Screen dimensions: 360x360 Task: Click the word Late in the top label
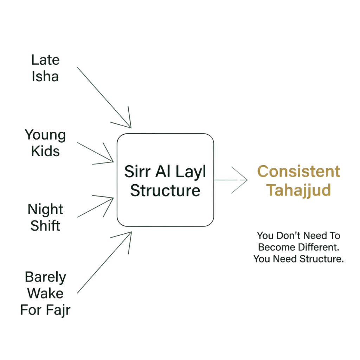46,60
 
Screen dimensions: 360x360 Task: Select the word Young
45,135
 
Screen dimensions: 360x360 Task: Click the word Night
46,210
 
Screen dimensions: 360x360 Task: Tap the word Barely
46,278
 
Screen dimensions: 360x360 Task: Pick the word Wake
46,294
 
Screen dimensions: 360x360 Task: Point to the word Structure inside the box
165,191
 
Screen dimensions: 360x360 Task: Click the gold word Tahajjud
299,190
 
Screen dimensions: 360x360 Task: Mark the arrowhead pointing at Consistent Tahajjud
247,180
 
